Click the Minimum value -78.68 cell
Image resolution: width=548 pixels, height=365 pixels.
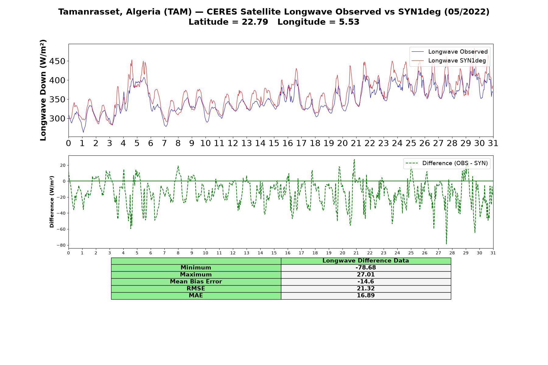pos(366,268)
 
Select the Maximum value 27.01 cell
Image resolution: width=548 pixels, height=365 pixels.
pos(366,275)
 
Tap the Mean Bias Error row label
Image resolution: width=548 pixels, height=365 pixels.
pos(196,282)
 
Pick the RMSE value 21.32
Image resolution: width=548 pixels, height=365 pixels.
pos(366,289)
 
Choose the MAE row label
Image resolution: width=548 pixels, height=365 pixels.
pos(196,296)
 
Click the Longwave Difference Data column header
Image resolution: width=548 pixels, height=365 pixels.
pos(366,261)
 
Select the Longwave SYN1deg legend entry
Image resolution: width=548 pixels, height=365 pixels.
pos(449,61)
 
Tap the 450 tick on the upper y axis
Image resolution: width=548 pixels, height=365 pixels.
pos(58,61)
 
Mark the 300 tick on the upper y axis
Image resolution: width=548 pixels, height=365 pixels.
pos(58,119)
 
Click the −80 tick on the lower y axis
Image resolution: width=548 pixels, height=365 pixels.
pos(61,245)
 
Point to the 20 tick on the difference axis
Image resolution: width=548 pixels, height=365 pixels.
pos(63,165)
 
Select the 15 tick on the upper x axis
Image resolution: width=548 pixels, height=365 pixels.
pos(274,143)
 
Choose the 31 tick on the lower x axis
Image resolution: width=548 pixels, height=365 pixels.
pos(493,253)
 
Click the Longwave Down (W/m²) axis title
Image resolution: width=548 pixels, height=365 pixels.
pos(43,90)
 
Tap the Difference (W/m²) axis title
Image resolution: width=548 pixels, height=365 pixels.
pos(52,202)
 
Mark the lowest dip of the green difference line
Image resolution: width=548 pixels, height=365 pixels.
pos(446,244)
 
